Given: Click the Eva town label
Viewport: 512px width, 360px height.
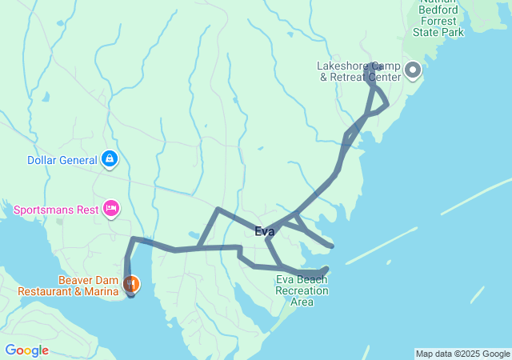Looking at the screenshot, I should tap(264, 232).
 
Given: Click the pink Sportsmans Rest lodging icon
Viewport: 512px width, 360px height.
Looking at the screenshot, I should tap(110, 210).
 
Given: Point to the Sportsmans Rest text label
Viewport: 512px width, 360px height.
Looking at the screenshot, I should tap(56, 210).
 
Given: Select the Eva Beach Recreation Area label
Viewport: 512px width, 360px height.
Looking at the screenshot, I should tap(302, 290).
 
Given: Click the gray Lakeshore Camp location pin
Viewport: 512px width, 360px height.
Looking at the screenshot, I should tap(413, 71).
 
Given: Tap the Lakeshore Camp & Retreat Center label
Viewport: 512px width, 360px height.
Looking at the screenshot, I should tap(358, 71).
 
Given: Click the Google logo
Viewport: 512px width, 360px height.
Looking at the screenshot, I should tap(26, 350).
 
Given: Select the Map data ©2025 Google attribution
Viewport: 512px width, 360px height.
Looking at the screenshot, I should tap(462, 354).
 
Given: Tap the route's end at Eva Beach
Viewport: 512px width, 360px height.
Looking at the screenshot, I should tap(325, 270).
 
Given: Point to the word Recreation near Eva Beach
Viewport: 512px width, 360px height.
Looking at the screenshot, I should tap(302, 290).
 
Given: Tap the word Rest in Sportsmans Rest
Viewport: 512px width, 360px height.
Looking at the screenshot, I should tap(90, 210).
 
